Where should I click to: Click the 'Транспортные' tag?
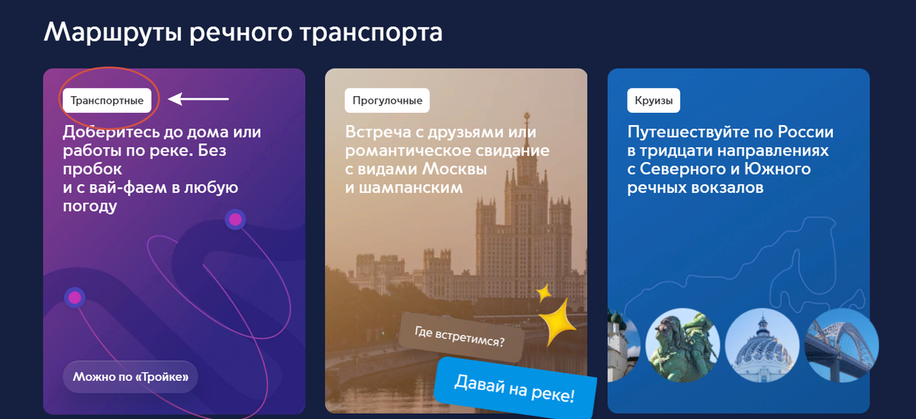point(107,100)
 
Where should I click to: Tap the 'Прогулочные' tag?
point(388,100)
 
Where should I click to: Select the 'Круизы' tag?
point(653,100)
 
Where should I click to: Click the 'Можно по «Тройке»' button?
point(131,376)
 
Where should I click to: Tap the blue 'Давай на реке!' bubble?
point(514,388)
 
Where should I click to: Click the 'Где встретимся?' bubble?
point(460,334)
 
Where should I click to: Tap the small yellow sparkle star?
point(543,292)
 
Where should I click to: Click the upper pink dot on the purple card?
point(235,220)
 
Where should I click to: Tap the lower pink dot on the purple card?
point(74,298)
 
